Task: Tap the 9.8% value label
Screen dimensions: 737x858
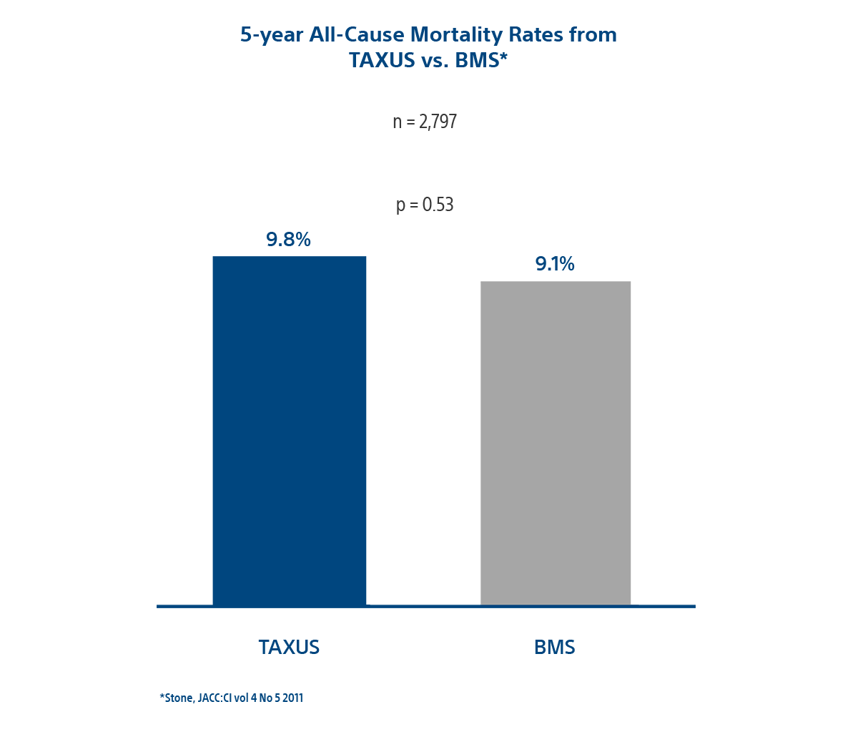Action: [288, 240]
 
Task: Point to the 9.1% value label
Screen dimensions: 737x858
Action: [555, 264]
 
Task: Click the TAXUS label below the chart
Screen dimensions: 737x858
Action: [289, 647]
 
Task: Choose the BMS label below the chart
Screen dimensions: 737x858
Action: [555, 647]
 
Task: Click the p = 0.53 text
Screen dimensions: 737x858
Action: [425, 205]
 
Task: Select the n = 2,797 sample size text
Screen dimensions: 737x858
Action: [425, 122]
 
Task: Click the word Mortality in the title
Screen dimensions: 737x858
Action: [452, 35]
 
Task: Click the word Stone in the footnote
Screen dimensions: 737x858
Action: [177, 698]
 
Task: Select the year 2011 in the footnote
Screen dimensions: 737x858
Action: [291, 698]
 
